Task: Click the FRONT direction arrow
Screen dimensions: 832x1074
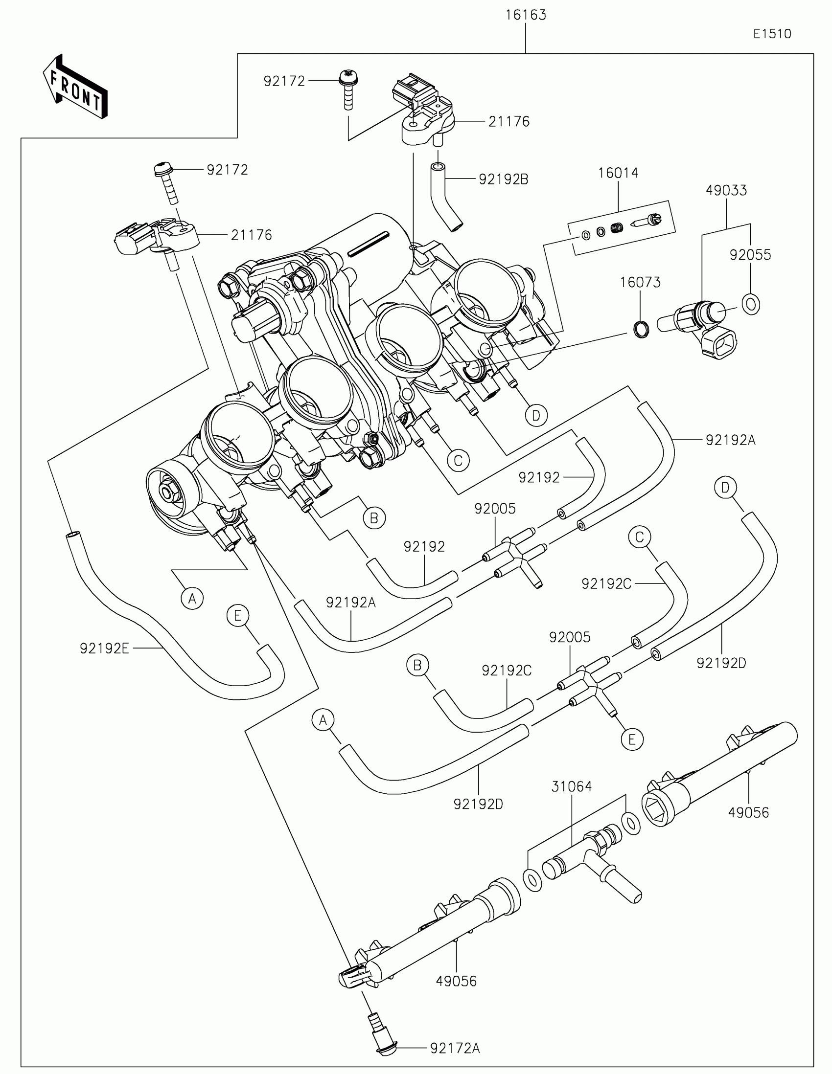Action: coord(75,86)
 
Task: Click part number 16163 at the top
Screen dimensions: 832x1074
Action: coord(526,15)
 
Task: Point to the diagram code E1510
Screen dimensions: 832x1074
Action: coord(772,34)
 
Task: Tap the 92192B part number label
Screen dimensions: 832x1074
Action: coord(503,180)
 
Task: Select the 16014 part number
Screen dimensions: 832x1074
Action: coord(618,173)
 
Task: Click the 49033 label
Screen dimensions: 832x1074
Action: coord(726,190)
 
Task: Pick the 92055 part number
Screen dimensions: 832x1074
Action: coord(750,255)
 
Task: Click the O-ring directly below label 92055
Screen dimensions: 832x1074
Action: coord(751,304)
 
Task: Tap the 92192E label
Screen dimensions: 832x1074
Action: coord(104,649)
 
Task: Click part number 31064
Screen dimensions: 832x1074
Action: coord(571,787)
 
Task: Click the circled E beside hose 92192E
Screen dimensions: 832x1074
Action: coord(238,616)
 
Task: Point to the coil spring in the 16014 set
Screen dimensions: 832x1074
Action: coord(616,228)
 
